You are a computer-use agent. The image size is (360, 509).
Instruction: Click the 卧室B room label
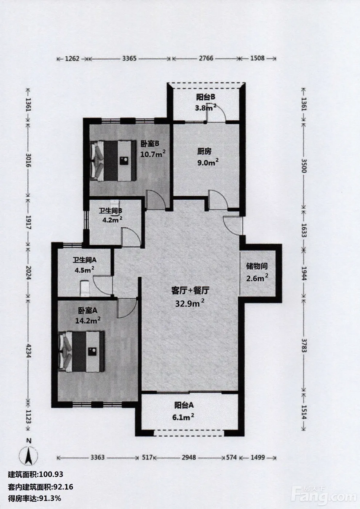coord(150,144)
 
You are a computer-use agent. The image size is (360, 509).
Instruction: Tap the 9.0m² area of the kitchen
coord(208,163)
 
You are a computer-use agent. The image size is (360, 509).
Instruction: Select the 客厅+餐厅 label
coord(190,290)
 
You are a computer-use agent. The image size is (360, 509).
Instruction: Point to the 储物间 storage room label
coord(257,266)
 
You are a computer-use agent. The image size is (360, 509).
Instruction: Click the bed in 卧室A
coord(81,352)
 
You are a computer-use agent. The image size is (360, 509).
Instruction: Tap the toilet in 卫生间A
coord(85,288)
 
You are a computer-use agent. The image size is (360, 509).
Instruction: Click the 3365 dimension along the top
coord(129,59)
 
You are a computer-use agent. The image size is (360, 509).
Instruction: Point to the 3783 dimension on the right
coord(304,345)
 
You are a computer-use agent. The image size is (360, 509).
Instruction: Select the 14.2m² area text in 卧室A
coord(88,320)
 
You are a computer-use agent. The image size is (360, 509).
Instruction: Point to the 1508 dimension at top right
coord(257,58)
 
